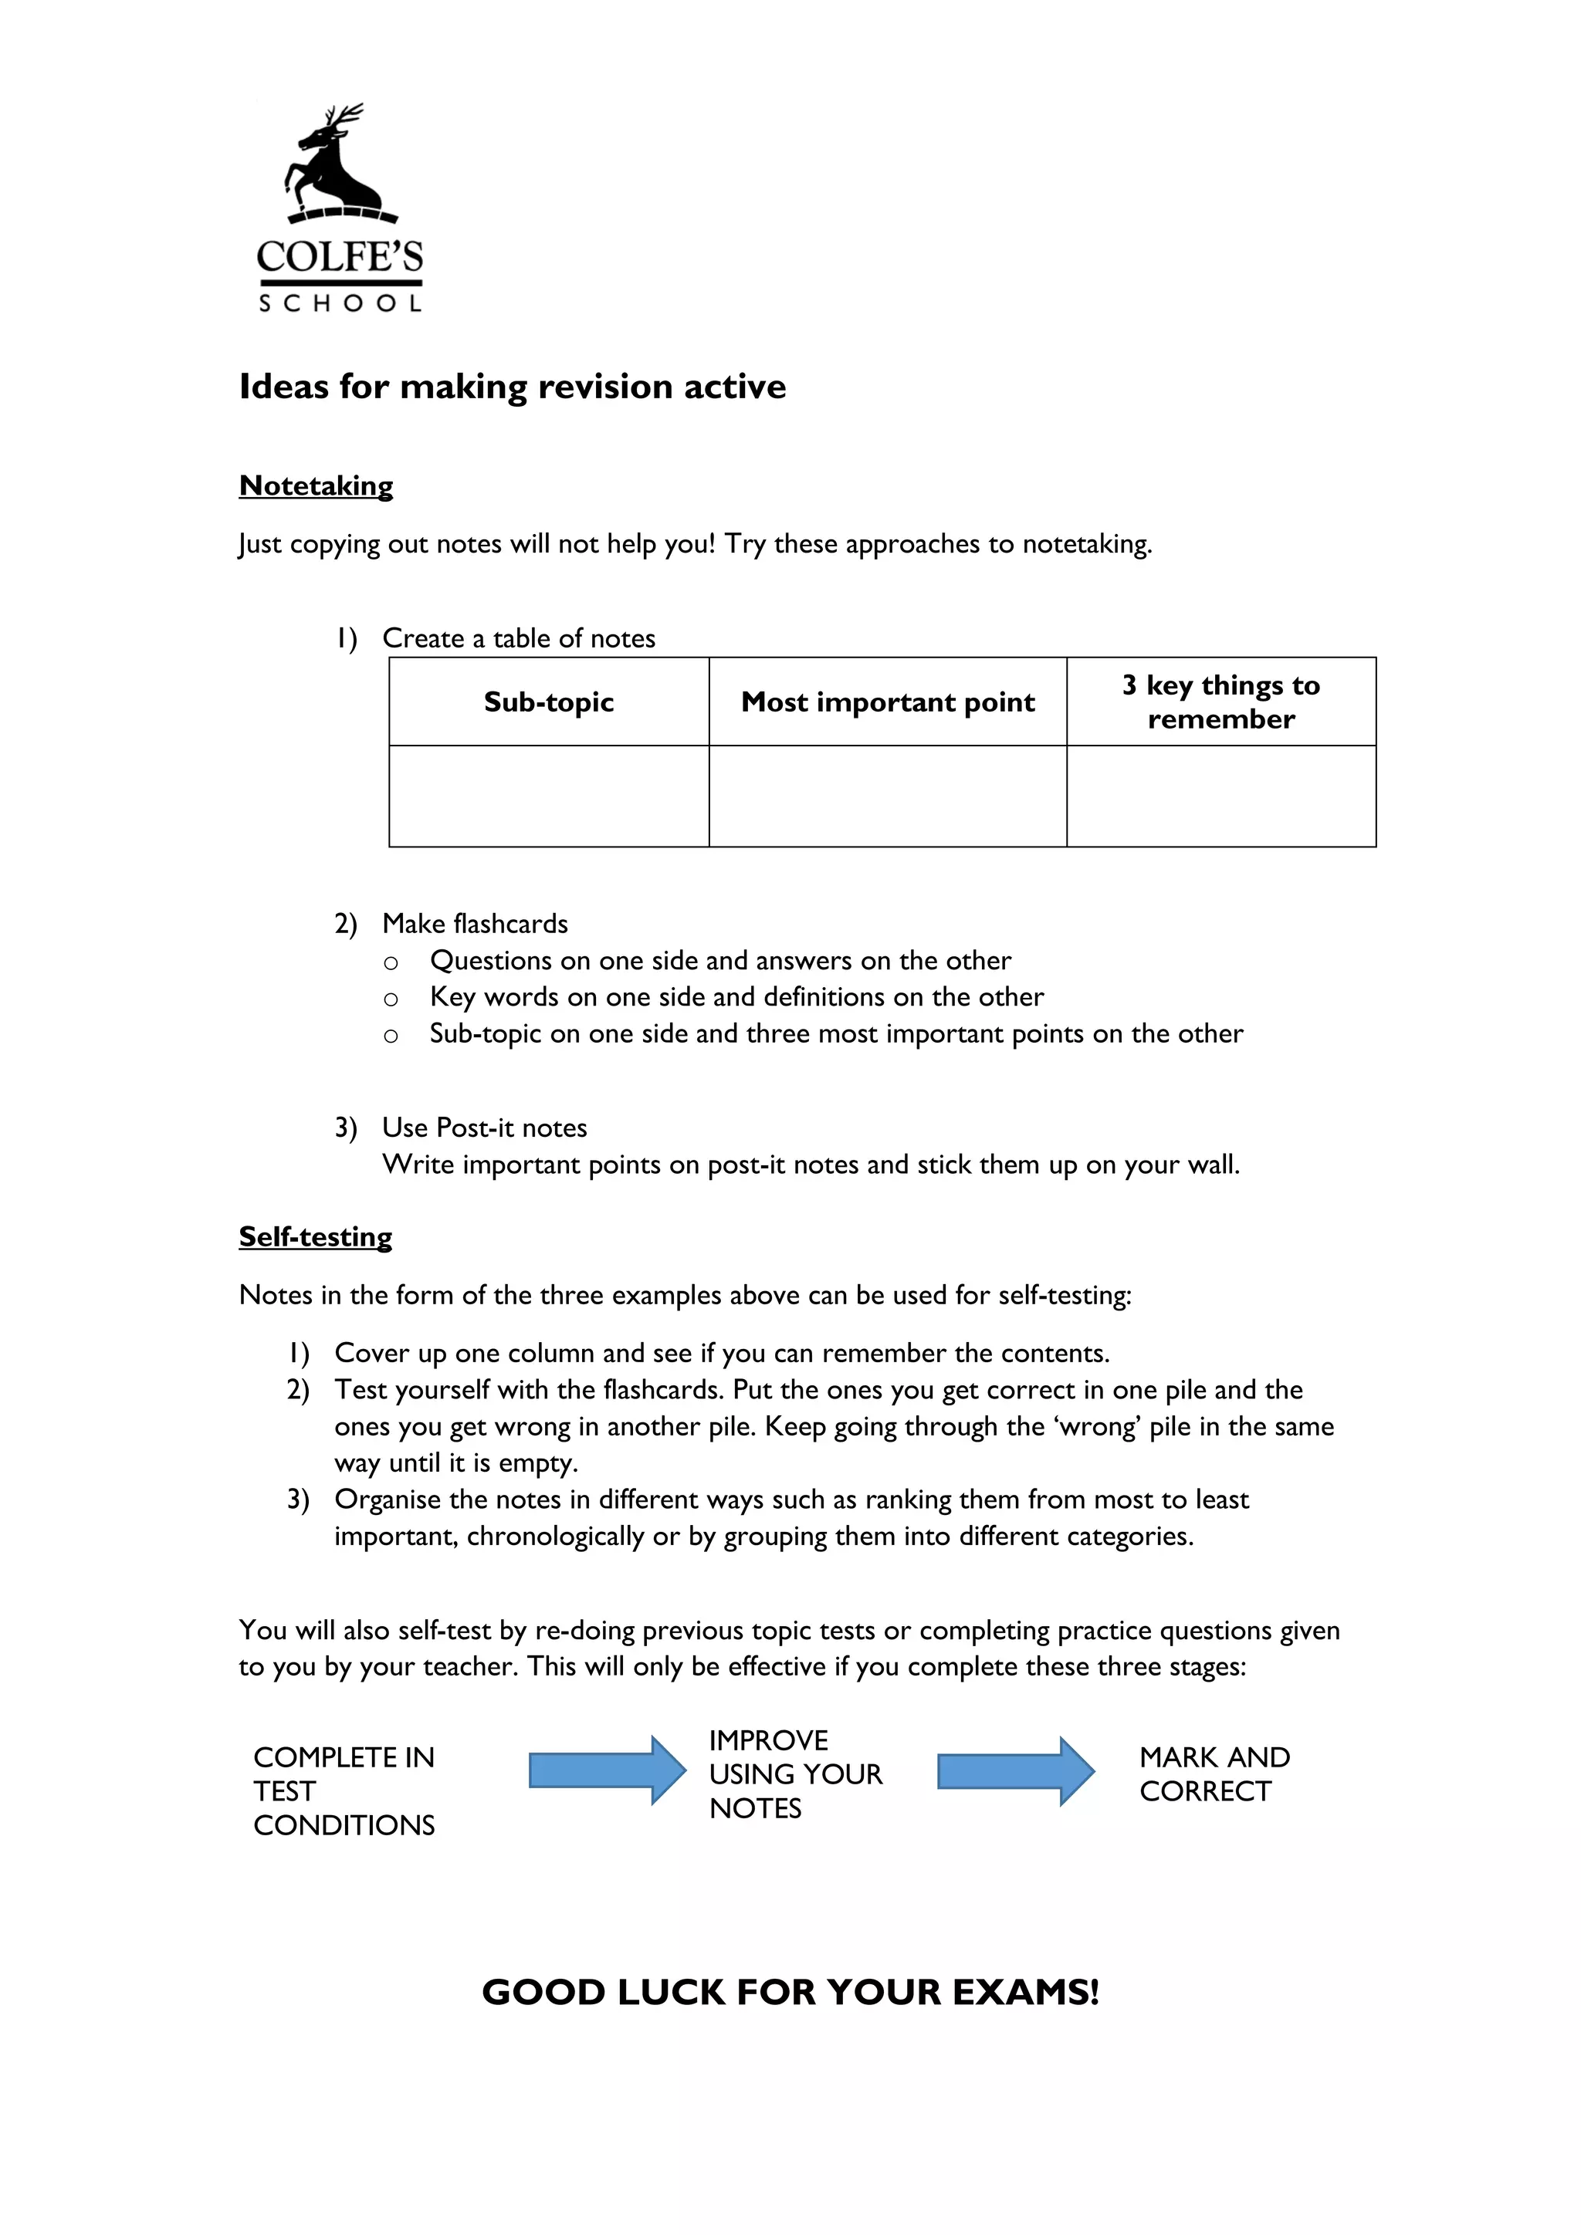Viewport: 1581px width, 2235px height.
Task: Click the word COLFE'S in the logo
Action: click(x=340, y=257)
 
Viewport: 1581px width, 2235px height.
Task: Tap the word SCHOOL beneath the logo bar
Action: click(x=340, y=304)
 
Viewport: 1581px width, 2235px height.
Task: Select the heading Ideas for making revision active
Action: click(x=512, y=387)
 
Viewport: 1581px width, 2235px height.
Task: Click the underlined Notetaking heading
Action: click(x=316, y=485)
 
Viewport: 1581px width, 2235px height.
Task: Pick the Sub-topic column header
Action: click(x=548, y=702)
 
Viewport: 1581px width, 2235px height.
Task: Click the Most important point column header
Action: click(x=887, y=702)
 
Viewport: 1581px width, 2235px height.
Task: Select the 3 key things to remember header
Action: click(x=1220, y=702)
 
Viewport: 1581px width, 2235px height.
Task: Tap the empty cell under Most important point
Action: click(x=887, y=796)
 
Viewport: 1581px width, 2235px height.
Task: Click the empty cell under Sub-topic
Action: click(x=548, y=796)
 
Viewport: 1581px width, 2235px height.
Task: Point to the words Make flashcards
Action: click(x=475, y=923)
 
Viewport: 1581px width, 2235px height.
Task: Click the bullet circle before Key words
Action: click(x=391, y=999)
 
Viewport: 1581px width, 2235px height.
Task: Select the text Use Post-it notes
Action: click(x=485, y=1128)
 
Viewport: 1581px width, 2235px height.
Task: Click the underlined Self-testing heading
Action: click(x=316, y=1236)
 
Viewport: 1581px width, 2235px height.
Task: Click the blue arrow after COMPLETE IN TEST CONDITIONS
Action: click(x=607, y=1770)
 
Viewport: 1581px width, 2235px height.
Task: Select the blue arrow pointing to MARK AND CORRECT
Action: click(x=1015, y=1770)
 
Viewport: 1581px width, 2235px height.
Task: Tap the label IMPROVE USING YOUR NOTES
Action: click(x=794, y=1773)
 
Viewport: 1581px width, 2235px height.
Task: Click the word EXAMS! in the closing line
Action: click(x=1025, y=1992)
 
